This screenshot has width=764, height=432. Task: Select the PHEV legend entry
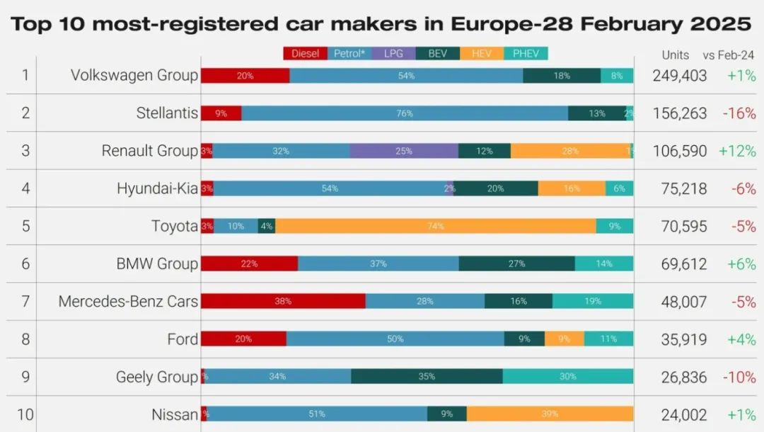tap(526, 54)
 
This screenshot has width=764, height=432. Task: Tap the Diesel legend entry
tap(305, 54)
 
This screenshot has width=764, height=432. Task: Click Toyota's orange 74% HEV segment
tap(435, 227)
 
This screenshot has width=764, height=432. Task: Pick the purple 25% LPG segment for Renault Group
tap(404, 151)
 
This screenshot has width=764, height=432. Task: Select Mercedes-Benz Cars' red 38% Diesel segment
tap(283, 301)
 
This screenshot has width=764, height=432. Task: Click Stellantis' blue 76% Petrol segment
tap(405, 113)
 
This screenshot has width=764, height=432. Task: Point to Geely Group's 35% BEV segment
tap(427, 377)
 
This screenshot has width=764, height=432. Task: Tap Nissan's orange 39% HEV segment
tap(550, 414)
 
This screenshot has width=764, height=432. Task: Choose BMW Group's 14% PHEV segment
tap(604, 263)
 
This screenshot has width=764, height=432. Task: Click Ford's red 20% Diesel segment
tap(243, 339)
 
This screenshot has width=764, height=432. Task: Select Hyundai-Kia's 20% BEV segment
tap(496, 188)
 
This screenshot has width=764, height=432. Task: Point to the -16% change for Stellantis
tap(739, 113)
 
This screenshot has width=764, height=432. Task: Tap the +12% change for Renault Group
tap(737, 151)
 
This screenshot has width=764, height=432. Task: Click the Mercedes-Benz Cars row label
tap(128, 302)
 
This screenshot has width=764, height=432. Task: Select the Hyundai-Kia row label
tap(157, 189)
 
